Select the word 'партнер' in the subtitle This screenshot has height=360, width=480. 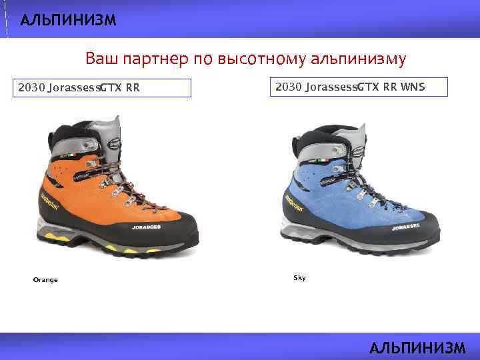click(157, 59)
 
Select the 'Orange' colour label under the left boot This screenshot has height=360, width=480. click(45, 280)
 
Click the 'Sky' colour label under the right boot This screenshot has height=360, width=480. click(299, 277)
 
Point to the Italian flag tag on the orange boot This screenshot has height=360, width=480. click(71, 155)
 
